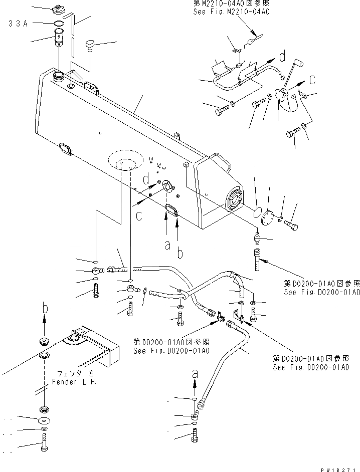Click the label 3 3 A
pyautogui.click(x=18, y=23)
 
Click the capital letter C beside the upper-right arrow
pyautogui.click(x=311, y=79)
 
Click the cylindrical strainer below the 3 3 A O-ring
pyautogui.click(x=59, y=38)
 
